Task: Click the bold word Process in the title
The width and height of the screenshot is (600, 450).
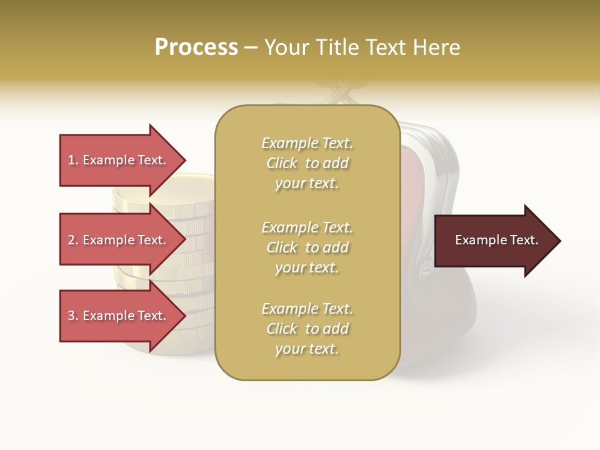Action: click(x=196, y=47)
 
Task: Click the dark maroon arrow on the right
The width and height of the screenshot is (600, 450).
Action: click(x=494, y=241)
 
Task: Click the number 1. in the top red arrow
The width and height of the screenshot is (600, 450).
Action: click(x=73, y=160)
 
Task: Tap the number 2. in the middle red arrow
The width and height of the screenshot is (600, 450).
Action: click(x=73, y=240)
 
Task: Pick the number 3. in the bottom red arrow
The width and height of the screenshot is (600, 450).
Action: click(x=73, y=316)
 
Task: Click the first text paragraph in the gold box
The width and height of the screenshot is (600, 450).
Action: click(x=307, y=163)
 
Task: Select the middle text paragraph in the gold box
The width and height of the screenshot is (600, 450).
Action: click(x=307, y=247)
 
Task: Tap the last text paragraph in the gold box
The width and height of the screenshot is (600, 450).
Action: click(x=307, y=329)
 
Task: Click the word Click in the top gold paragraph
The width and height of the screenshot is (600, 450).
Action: click(x=282, y=163)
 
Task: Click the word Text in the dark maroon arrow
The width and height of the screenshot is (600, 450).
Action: click(x=524, y=240)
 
